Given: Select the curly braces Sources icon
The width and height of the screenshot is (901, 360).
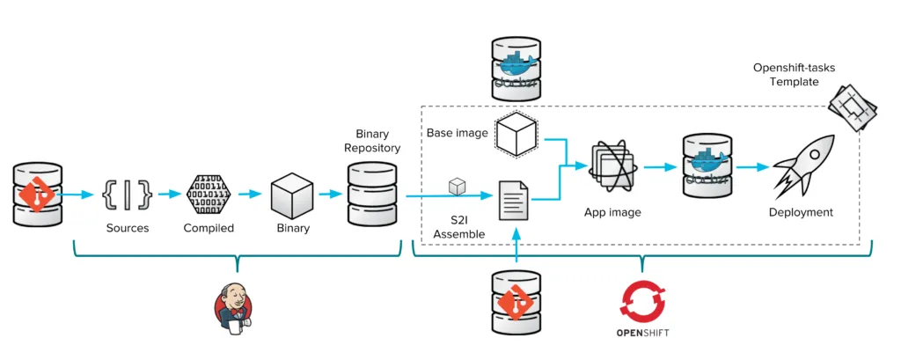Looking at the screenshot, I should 127,194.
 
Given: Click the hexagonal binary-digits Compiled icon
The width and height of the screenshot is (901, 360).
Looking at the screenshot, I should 208,194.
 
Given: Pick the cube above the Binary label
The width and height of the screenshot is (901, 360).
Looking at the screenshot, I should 292,194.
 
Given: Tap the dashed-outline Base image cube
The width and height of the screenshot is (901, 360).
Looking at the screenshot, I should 516,135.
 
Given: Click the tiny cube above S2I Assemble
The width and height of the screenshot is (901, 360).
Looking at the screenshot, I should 456,186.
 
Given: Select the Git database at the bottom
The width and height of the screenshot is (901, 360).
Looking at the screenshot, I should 516,302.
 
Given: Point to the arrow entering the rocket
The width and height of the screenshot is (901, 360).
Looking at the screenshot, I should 753,165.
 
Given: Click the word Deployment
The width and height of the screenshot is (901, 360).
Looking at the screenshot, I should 800,212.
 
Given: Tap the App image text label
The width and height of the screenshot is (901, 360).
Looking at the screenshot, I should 612,212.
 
